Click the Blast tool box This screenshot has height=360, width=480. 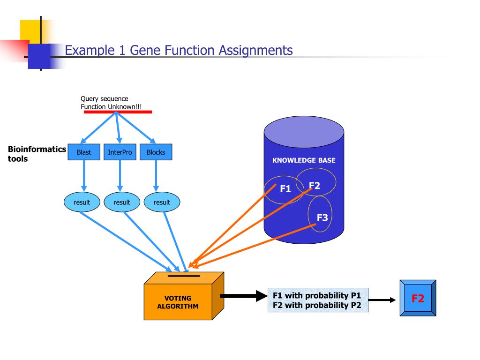pos(84,152)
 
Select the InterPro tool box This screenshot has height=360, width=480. pos(120,152)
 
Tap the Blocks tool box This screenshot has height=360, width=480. pos(156,152)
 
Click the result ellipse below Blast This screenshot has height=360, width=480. pos(82,202)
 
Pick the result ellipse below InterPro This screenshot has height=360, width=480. pos(122,202)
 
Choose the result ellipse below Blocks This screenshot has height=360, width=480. pos(162,202)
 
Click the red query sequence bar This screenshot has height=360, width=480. pos(118,112)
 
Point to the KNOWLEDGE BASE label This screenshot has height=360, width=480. pos(304,160)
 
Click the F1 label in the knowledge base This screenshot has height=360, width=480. pos(285,188)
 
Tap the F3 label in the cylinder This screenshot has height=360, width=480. pos(322,217)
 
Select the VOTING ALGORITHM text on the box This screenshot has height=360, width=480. pos(178,302)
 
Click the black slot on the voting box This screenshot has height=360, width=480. pos(184,276)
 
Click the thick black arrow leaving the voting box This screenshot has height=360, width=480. pos(244,296)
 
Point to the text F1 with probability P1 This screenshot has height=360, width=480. pos(317,295)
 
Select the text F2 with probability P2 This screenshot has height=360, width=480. pos(317,305)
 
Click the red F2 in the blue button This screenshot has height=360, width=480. pos(418,298)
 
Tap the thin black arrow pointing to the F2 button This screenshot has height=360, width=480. pos(382,300)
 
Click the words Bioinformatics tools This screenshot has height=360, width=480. pos(37,154)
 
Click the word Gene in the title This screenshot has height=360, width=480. pos(146,50)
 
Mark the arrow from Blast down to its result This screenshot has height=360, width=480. pos(84,176)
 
